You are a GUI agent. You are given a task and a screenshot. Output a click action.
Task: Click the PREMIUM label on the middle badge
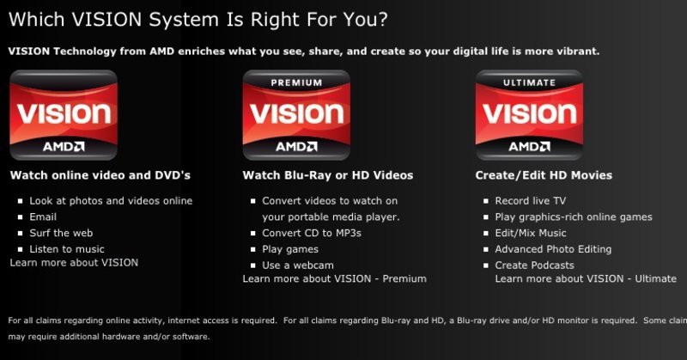(296, 82)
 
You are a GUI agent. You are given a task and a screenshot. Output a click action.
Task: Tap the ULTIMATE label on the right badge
(529, 82)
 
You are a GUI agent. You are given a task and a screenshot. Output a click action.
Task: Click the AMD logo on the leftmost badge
(64, 146)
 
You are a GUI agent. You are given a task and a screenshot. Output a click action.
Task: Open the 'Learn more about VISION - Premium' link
(334, 279)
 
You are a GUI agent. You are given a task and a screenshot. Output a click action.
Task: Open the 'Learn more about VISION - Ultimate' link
(586, 279)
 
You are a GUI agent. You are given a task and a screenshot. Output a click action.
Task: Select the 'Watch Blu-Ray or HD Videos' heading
(328, 175)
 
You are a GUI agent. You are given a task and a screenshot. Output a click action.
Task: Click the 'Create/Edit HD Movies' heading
(544, 175)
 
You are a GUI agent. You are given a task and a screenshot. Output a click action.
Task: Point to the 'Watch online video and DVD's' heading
(100, 175)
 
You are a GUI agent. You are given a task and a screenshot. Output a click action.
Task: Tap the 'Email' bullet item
(43, 217)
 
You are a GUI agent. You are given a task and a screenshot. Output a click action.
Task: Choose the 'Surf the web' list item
(61, 234)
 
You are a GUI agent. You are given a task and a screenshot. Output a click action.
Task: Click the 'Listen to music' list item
(67, 249)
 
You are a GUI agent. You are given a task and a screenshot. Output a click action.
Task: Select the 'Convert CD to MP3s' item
(312, 234)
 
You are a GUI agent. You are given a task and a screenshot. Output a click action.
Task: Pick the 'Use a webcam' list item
(298, 265)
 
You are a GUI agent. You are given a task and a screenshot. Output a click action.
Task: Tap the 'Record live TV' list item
(531, 201)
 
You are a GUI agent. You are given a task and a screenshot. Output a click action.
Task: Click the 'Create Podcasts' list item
(534, 265)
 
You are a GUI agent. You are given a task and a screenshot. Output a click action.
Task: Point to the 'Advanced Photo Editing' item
(553, 249)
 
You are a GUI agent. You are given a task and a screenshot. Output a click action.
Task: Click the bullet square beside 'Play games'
(252, 249)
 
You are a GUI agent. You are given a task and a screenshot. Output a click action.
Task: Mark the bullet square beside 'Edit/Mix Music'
(486, 234)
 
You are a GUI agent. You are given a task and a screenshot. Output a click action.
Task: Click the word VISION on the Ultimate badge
(529, 113)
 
